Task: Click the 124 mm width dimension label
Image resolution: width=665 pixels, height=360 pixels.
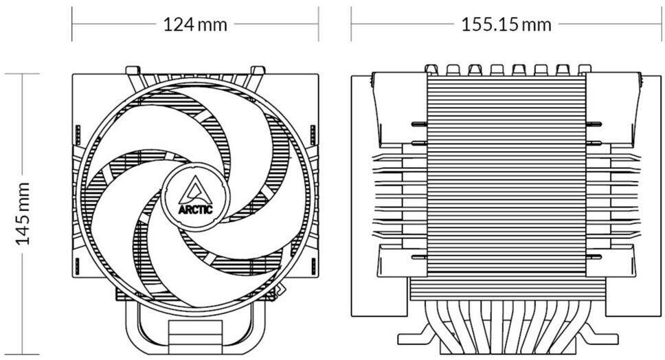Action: point(195,25)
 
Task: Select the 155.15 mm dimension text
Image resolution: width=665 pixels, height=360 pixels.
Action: point(506,25)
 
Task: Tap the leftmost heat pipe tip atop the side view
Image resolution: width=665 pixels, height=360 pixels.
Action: point(431,69)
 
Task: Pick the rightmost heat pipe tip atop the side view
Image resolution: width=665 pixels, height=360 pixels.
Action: point(584,69)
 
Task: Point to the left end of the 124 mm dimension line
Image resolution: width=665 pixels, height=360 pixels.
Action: point(73,25)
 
